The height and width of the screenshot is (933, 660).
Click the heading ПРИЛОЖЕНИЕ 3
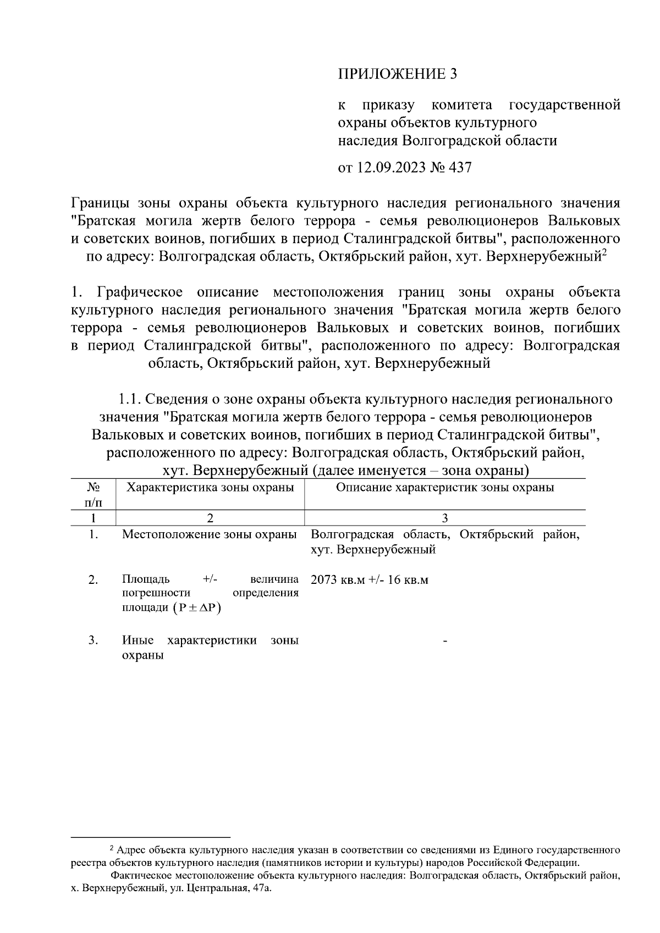pos(397,74)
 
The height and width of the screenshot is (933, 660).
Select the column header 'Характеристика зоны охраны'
pos(210,487)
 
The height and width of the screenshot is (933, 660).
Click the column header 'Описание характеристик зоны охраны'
pos(444,487)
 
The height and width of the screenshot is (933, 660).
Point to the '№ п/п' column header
pos(94,494)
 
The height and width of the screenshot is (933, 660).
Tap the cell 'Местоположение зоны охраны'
pos(210,534)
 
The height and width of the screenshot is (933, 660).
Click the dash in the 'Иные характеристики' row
pos(444,641)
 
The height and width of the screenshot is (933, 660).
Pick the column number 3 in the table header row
pos(444,517)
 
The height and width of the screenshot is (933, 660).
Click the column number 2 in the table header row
pos(210,517)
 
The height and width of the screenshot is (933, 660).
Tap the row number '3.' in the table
pos(94,641)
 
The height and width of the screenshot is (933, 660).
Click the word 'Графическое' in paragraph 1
pos(140,292)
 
